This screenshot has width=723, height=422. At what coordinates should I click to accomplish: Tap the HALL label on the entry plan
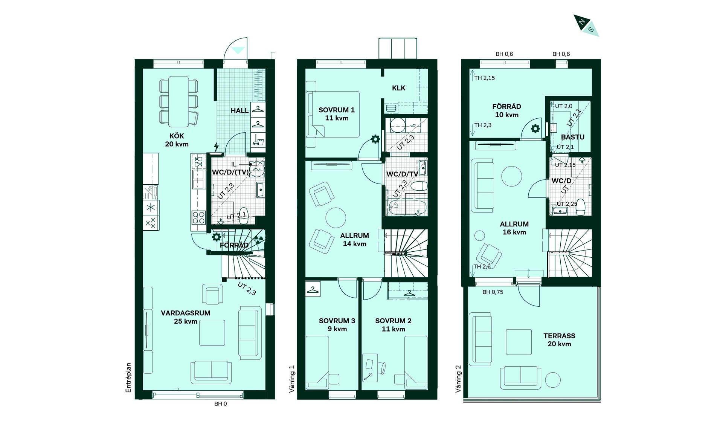tap(239, 111)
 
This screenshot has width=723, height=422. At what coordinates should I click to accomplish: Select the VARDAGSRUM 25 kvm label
tap(186, 317)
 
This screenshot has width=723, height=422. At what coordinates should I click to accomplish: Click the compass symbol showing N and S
tap(586, 25)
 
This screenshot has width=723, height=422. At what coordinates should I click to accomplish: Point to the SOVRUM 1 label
tap(337, 110)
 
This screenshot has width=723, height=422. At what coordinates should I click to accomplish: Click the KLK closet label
tap(399, 88)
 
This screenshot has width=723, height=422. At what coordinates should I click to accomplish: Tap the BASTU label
tap(573, 137)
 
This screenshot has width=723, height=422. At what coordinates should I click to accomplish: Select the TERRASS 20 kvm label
tap(559, 339)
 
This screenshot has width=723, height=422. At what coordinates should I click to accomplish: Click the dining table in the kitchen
tap(178, 101)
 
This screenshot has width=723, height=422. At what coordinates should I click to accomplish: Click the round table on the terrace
tap(553, 380)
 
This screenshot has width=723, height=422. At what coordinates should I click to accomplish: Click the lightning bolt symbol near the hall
tap(216, 146)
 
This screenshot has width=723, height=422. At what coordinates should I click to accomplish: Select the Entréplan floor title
tap(128, 378)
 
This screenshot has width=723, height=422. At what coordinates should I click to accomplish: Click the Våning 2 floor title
tap(458, 379)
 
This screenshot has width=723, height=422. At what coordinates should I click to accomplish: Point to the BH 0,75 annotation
tap(493, 292)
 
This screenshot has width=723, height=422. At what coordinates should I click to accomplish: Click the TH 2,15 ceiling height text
tap(485, 78)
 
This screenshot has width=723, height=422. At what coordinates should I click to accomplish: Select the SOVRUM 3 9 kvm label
tap(337, 325)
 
